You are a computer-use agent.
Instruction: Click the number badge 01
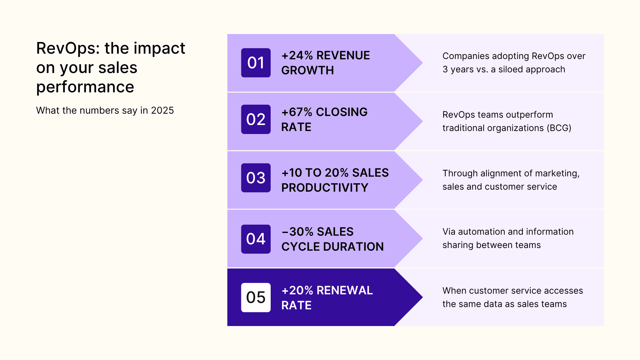click(256, 63)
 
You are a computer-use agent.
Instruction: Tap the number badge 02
click(256, 119)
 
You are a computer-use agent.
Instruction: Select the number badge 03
click(256, 178)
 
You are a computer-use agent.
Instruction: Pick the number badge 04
click(256, 239)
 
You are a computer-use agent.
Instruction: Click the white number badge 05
click(256, 297)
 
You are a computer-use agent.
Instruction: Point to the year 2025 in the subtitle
click(162, 110)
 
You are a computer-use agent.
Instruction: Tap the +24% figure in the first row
click(297, 55)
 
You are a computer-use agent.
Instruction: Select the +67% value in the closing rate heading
click(297, 112)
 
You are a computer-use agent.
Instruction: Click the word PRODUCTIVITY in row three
click(325, 188)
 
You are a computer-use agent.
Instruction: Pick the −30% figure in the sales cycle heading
click(297, 232)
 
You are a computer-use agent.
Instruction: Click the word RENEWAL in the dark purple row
click(344, 290)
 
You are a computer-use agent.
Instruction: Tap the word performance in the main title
click(85, 87)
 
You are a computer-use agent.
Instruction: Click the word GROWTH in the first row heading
click(307, 70)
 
